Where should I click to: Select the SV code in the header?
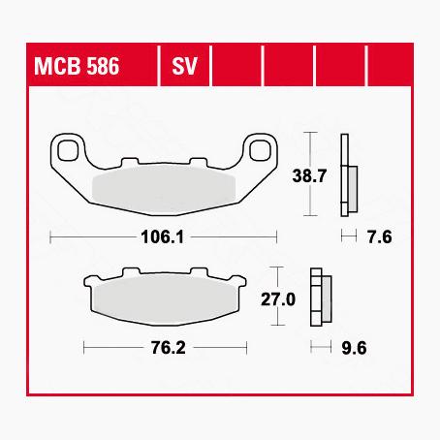(184, 69)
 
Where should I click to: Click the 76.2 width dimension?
(165, 346)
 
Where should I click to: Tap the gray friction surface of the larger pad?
(164, 184)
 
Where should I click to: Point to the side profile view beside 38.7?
(346, 174)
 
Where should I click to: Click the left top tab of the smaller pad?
(127, 271)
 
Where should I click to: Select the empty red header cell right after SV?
(237, 69)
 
